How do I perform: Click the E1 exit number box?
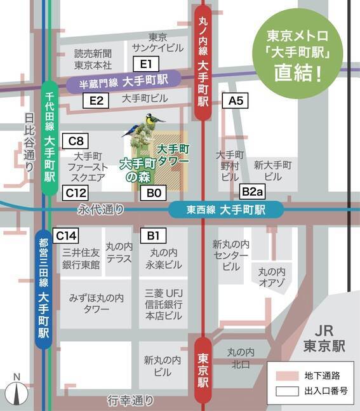[x=145, y=64]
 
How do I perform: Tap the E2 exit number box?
[x=97, y=100]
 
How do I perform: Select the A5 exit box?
[x=236, y=100]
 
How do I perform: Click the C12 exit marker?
[x=76, y=191]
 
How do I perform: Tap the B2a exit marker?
[x=251, y=191]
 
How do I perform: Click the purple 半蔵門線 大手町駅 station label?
[x=123, y=82]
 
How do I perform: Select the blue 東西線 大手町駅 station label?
[x=225, y=210]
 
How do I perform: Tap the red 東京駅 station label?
[x=203, y=369]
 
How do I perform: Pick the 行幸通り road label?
[x=131, y=400]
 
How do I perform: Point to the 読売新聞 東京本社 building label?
[x=93, y=59]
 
